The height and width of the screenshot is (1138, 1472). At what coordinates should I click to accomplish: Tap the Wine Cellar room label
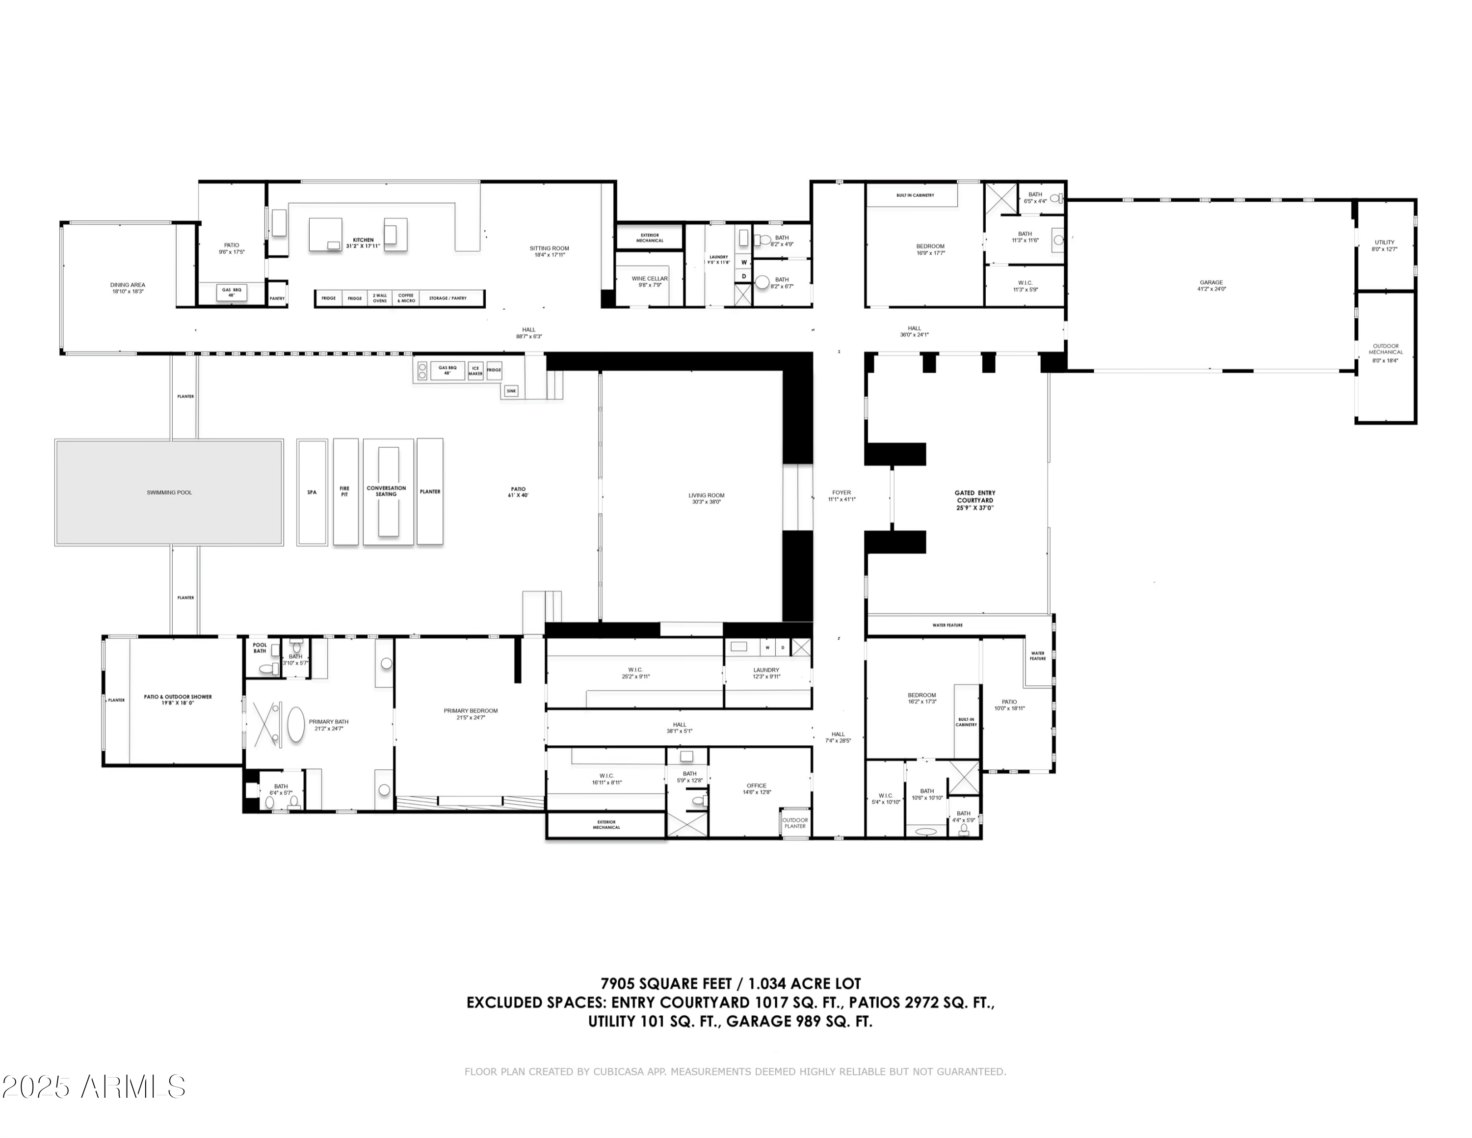coord(650,282)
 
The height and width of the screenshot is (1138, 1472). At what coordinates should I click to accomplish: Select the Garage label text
coord(1211,285)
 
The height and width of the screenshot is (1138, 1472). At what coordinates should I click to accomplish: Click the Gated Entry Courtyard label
coord(974,500)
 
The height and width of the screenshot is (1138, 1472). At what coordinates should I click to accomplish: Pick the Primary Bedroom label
coord(471,714)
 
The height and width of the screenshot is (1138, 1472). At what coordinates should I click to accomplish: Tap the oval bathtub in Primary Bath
coord(296,726)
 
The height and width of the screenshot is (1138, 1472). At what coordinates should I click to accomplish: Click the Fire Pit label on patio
coord(344,491)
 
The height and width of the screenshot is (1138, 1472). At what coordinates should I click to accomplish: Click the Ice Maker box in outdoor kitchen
coord(475,371)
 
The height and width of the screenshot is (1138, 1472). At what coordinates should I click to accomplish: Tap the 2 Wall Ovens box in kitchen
coord(380,298)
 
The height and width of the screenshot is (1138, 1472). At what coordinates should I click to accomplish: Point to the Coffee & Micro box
coord(406,298)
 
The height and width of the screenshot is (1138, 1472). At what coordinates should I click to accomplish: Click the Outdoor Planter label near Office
coord(795,822)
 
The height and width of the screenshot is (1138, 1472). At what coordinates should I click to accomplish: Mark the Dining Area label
coord(128,288)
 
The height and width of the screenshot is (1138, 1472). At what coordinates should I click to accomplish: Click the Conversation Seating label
coord(386,491)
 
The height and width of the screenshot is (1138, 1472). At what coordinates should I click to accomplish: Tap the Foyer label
coord(841,495)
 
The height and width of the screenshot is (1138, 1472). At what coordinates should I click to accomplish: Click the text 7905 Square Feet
coord(666,984)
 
